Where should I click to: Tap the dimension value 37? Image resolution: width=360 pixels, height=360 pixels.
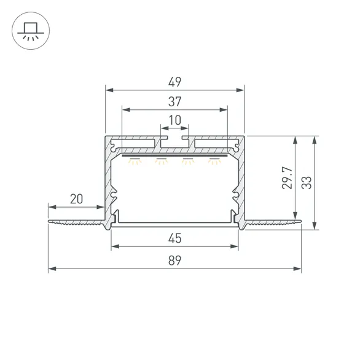click(175, 101)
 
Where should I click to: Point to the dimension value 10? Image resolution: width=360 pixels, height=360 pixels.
click(175, 120)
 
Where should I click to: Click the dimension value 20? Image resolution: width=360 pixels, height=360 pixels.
click(76, 198)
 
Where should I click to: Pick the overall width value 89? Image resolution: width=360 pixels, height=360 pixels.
click(175, 260)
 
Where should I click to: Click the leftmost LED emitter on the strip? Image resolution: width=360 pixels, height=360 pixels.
click(135, 161)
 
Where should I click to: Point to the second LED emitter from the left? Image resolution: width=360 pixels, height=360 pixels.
click(161, 161)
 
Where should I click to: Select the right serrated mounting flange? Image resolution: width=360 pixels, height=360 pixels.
click(274, 222)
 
